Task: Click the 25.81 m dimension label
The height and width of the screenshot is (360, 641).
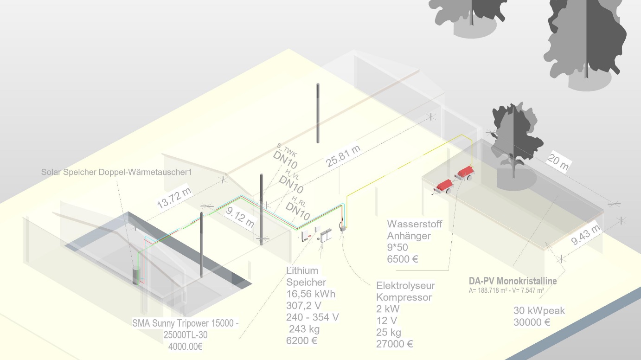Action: point(343,156)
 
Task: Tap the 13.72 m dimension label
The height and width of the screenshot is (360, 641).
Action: point(174,198)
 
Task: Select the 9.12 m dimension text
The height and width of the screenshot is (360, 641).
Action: point(240,218)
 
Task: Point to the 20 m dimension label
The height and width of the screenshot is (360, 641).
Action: point(558,162)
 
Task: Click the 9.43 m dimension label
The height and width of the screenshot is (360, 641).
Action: point(585,235)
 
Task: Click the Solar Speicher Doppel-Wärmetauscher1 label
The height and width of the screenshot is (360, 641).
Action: point(116,172)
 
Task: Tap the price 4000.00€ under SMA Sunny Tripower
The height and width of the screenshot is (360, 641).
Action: point(186,347)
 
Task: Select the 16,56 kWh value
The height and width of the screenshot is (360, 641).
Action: point(311,294)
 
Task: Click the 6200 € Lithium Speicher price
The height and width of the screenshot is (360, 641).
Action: point(301,341)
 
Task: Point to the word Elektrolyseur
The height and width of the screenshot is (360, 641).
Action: point(405,285)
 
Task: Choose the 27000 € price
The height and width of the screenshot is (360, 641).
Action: point(395,344)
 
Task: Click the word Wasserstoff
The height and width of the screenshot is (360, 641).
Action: point(415,224)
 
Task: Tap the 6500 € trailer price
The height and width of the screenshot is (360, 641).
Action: point(403,259)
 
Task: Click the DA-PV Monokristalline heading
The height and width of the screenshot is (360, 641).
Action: point(513,281)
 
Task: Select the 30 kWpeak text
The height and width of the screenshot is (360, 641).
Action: point(539,310)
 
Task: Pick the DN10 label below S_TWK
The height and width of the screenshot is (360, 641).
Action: point(285,160)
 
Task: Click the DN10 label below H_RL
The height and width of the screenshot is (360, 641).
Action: point(298,211)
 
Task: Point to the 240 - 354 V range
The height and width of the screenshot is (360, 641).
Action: point(313,317)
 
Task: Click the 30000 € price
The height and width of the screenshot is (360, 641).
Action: point(532,322)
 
